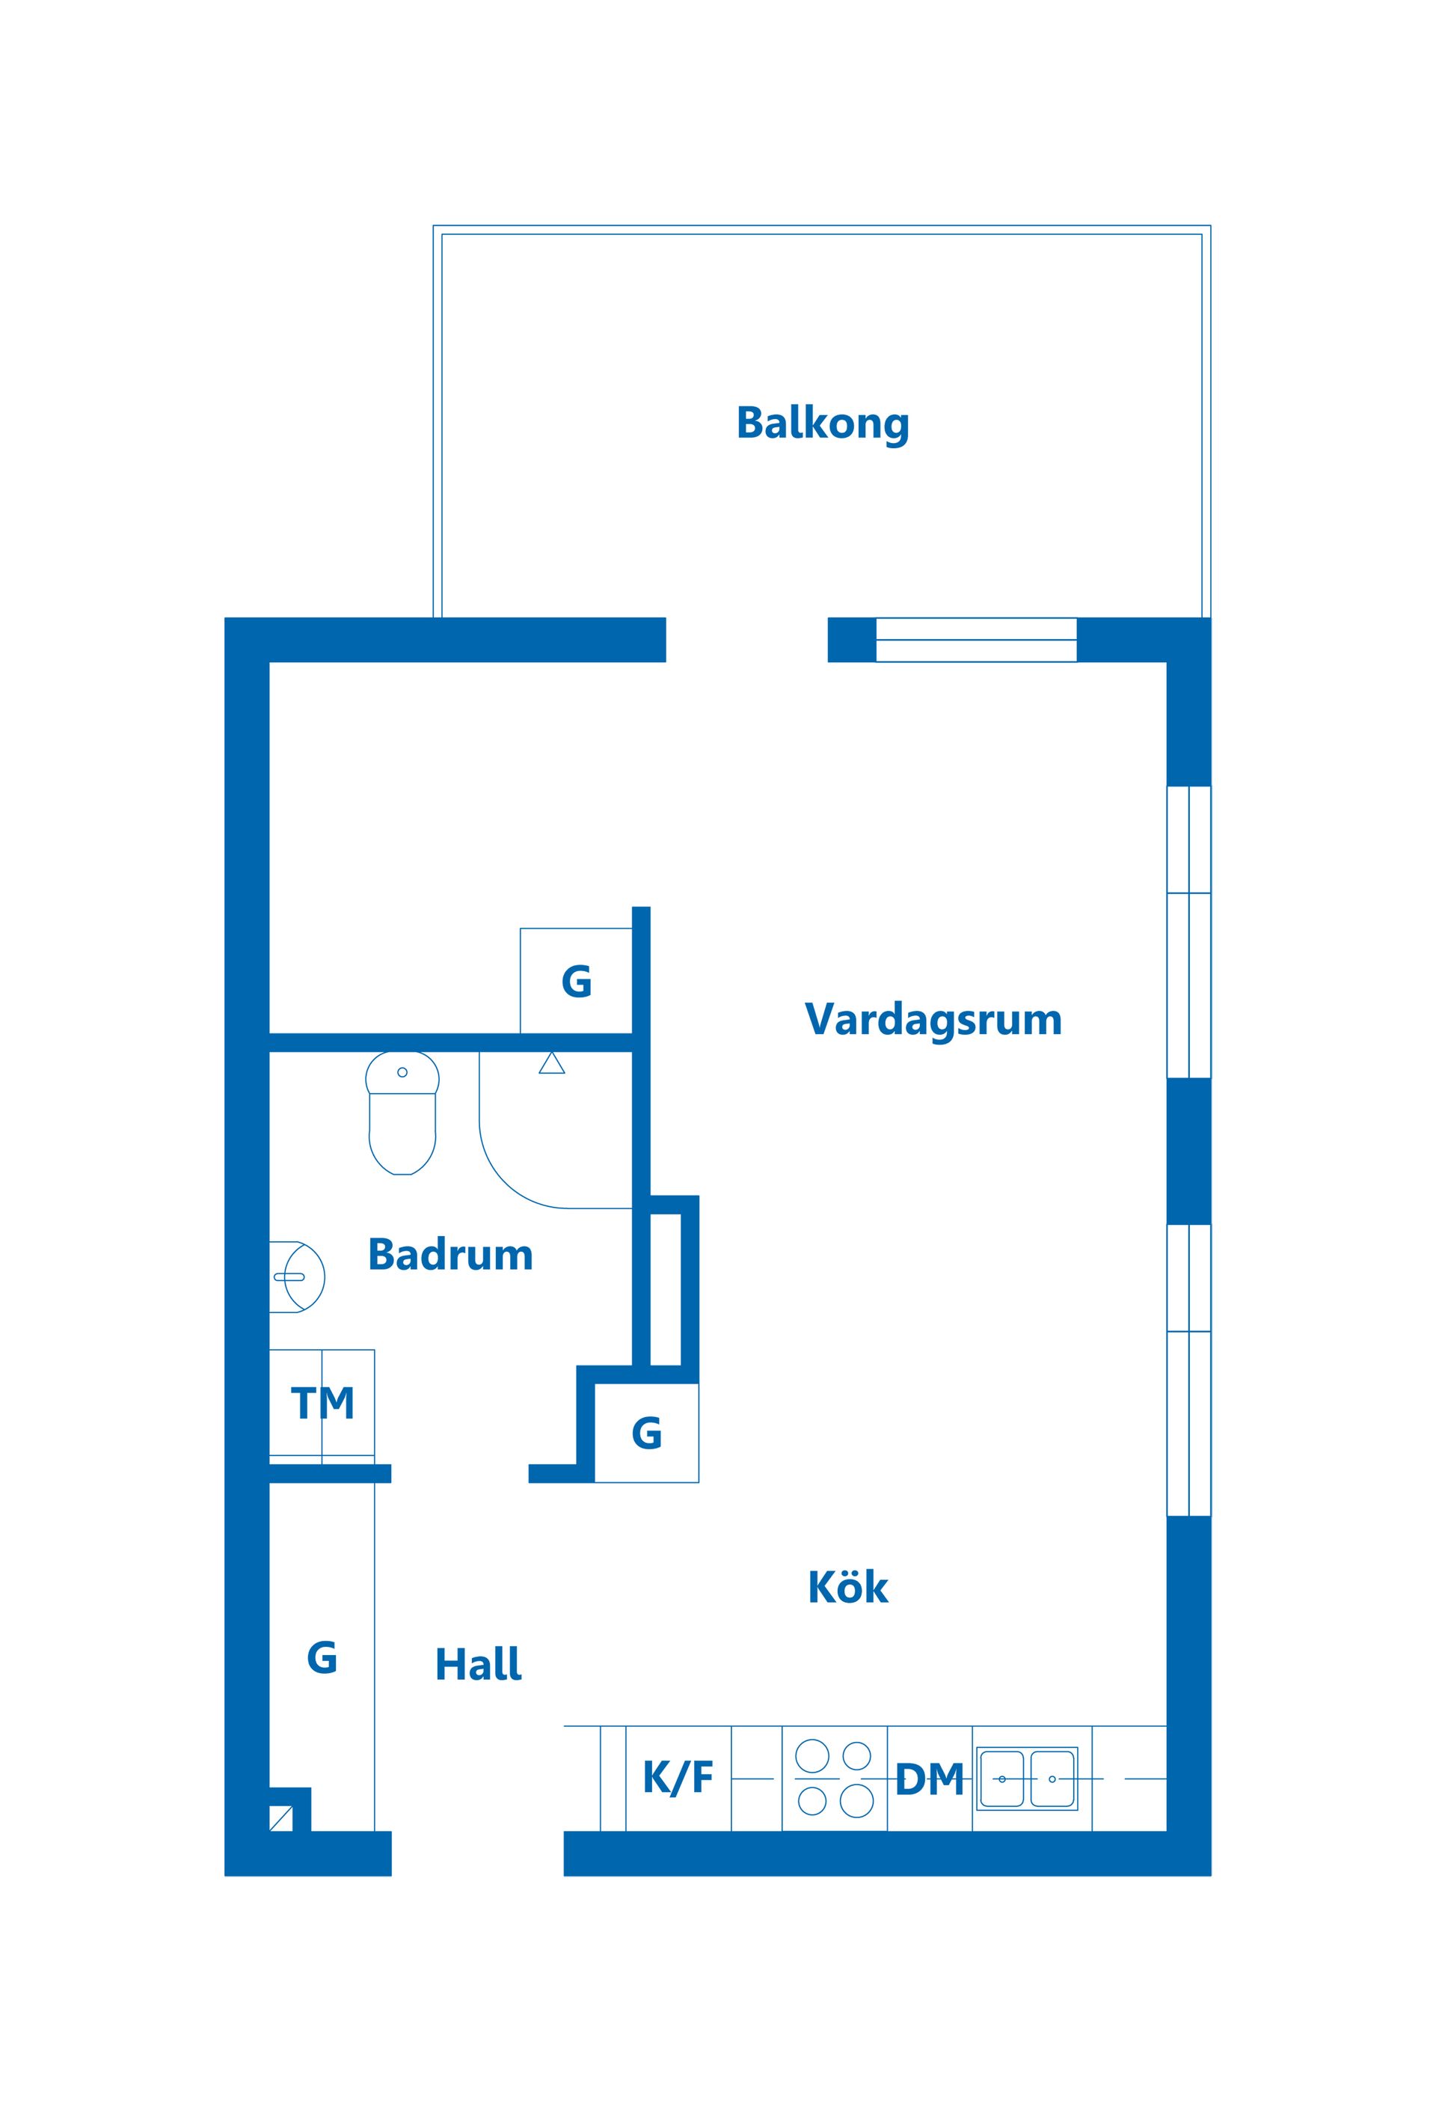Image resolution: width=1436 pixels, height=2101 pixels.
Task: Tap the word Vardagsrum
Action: (x=933, y=1019)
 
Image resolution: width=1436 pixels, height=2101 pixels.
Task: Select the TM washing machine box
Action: (x=322, y=1404)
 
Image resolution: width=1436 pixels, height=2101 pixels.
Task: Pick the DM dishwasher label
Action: (x=929, y=1779)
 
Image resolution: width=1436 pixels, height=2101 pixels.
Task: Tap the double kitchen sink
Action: (x=1027, y=1779)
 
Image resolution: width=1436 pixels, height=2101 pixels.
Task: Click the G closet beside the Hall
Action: (x=322, y=1657)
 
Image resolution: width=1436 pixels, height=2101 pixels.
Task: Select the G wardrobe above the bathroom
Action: (x=576, y=981)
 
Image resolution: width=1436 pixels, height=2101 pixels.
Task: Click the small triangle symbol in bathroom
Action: (x=551, y=1063)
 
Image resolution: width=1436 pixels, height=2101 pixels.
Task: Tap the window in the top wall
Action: (x=976, y=639)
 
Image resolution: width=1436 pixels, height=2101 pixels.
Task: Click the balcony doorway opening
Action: (x=746, y=639)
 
